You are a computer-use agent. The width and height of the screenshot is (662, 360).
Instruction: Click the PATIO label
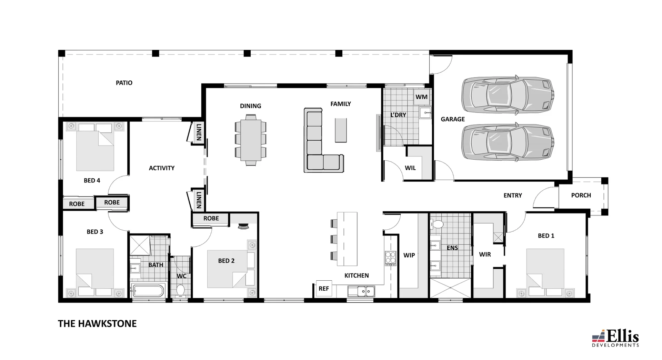[124, 83]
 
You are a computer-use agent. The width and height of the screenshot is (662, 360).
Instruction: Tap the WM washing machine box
[421, 97]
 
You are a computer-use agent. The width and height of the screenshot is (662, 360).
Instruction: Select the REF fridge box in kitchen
[323, 289]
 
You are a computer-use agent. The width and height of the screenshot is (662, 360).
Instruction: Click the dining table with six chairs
[251, 140]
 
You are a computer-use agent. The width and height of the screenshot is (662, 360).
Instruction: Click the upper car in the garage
[507, 94]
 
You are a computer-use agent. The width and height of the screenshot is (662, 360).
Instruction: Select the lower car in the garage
[507, 142]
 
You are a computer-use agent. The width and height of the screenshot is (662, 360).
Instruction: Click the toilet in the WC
[180, 290]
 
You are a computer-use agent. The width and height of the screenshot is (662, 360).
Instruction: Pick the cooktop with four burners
[390, 258]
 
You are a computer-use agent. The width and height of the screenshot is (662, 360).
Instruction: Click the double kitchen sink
[361, 291]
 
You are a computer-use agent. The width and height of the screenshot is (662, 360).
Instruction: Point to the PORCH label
[581, 195]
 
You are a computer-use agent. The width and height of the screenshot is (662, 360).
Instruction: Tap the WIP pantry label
[409, 255]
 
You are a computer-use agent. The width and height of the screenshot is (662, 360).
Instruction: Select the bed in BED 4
[95, 148]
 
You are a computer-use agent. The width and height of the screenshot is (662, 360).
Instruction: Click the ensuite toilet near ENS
[437, 225]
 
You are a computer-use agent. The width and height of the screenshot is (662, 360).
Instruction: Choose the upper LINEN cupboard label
[199, 132]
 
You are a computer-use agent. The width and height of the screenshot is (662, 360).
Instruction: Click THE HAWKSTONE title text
[97, 323]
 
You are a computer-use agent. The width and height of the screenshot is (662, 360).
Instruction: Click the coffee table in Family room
[341, 130]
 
